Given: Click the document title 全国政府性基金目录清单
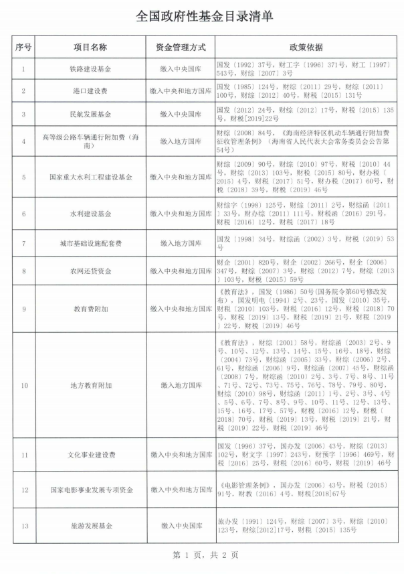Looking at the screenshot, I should coord(201,16).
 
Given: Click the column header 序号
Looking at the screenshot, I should coord(23,48).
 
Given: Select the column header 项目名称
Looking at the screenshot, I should coord(91,48).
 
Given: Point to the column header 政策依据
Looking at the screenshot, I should coord(306,48).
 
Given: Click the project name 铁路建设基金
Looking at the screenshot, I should coord(91,68).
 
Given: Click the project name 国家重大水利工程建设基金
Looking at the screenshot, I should coord(91,177).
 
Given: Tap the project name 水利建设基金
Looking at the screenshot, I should coord(91,214).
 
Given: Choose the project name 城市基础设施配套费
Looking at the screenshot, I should coord(91,242).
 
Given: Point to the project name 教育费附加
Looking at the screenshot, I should coord(91,309).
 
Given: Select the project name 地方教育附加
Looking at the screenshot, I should coord(91,386).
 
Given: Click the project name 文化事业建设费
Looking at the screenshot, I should coord(91,455).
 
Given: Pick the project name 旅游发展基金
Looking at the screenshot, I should coord(91,526).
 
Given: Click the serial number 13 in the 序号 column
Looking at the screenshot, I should coord(23,526).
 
